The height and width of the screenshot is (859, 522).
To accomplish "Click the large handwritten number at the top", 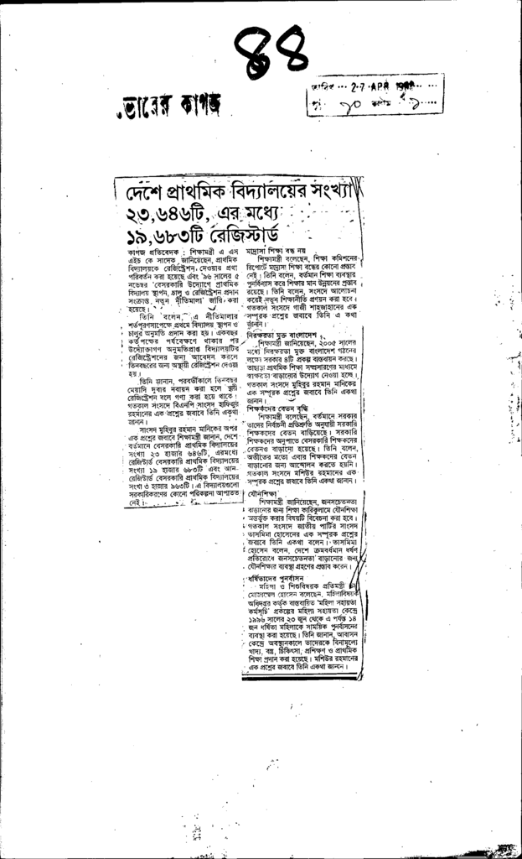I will tap(269, 53).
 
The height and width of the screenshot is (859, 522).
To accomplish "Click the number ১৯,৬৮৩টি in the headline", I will tap(163, 232).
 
